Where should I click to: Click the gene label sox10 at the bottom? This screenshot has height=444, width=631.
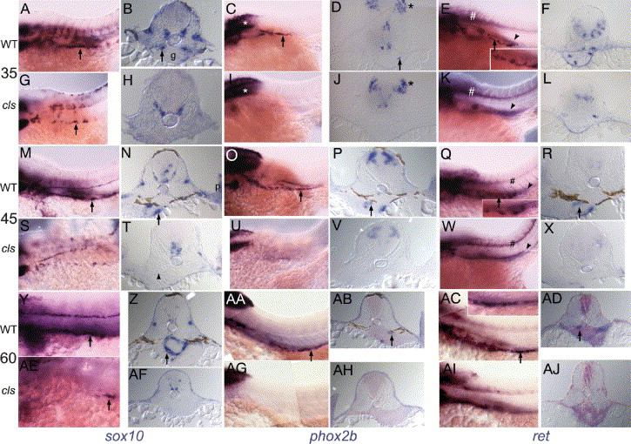point(124,436)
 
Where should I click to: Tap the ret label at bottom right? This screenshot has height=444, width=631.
point(540,436)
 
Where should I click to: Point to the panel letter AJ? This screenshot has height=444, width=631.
point(551,369)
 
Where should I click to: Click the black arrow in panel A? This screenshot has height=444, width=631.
point(80,54)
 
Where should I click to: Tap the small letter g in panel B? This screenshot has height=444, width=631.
point(172,57)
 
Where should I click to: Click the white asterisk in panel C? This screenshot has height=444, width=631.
point(245,24)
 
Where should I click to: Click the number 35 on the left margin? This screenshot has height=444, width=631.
point(9,73)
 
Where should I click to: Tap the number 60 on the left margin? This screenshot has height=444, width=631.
point(9,358)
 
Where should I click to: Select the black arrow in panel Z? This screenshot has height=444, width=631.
point(167,359)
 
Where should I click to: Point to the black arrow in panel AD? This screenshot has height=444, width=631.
point(579,336)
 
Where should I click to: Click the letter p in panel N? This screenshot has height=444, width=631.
point(217,187)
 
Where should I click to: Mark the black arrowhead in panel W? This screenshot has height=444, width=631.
point(529,246)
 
